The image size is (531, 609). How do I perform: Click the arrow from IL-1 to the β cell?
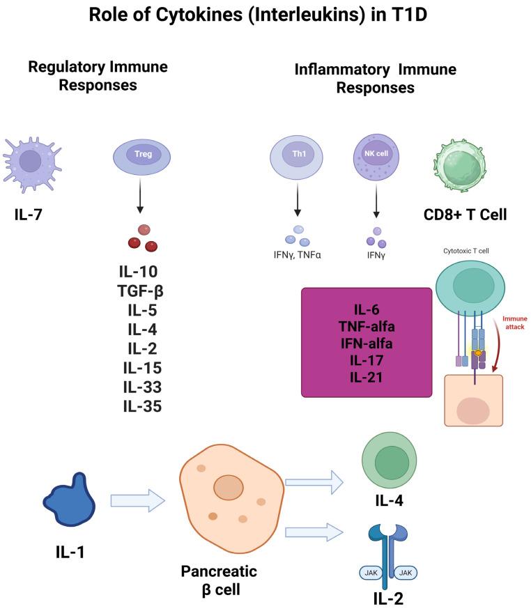pos(137,499)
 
